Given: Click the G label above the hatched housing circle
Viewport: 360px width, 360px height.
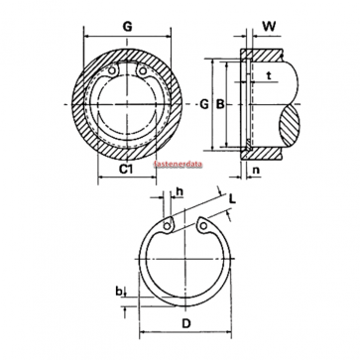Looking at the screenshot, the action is point(127,27).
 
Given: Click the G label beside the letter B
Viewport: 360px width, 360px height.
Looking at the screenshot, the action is point(204,104).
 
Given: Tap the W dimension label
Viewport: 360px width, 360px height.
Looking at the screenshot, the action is point(269,27).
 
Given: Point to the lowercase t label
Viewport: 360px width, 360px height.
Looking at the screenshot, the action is point(269,75).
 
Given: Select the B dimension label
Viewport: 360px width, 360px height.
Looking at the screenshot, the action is point(220,104).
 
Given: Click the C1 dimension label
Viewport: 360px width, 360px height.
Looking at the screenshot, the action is point(126,170).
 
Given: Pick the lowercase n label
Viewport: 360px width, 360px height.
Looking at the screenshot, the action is point(256,170).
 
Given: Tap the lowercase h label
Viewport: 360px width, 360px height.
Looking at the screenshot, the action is point(180,191).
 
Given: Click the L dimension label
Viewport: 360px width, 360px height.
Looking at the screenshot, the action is point(233,199).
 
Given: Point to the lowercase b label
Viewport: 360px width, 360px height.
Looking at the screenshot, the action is point(118,291).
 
